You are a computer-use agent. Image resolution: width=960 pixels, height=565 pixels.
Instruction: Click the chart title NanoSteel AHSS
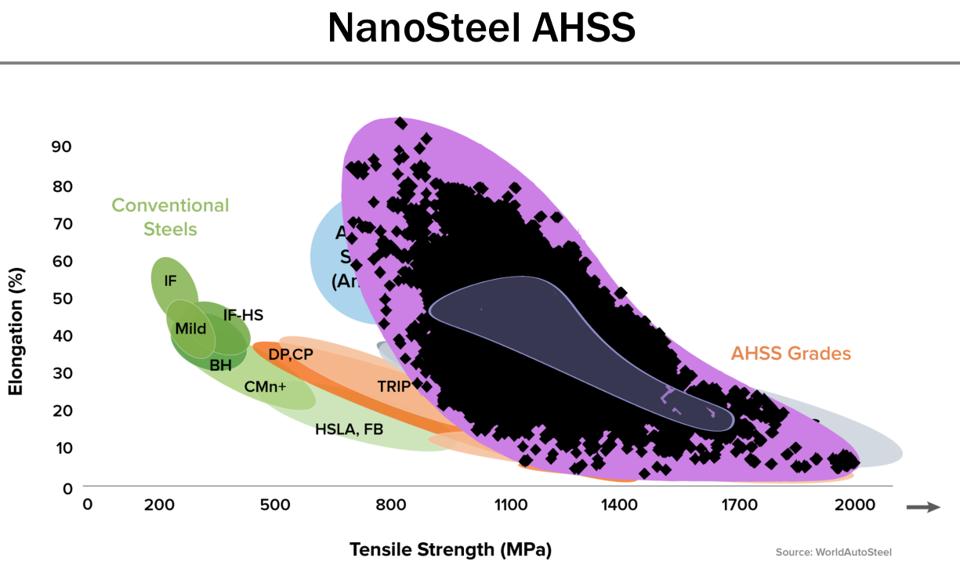tap(480, 28)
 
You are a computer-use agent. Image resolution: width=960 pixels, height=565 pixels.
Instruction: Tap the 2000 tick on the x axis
tap(854, 505)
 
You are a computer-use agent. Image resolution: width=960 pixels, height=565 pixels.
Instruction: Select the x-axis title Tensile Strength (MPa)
tap(451, 549)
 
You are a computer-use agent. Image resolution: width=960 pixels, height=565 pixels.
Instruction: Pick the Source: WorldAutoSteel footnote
tap(833, 552)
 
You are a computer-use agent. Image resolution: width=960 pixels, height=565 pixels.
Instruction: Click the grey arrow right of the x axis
tap(922, 508)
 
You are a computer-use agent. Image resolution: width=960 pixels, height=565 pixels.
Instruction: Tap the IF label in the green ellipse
tap(171, 280)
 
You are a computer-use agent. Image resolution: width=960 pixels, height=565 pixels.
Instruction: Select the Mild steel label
tap(190, 328)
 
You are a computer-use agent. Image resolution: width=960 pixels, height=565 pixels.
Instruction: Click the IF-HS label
tap(243, 315)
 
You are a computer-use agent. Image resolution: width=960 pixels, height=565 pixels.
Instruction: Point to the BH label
tap(220, 364)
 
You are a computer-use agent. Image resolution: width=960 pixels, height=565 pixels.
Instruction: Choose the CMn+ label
tap(265, 386)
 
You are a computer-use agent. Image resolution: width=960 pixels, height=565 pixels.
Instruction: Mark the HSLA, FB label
tap(349, 429)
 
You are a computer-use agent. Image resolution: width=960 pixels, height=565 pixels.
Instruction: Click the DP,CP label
tap(291, 354)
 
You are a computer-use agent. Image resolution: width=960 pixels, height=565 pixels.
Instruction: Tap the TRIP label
tap(393, 386)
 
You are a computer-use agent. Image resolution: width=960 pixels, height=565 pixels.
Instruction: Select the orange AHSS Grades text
tap(791, 353)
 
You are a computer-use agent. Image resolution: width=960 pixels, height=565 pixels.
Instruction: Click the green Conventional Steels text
tap(170, 217)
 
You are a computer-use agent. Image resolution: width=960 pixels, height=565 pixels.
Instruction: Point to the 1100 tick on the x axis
tap(510, 505)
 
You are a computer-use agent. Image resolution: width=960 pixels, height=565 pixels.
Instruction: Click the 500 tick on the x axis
tap(276, 505)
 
